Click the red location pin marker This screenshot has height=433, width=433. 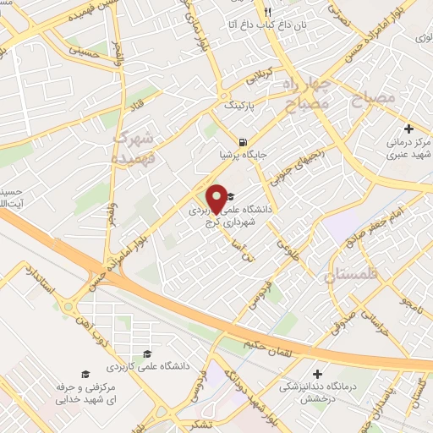click(217, 199)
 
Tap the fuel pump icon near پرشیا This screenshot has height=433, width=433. click(244, 142)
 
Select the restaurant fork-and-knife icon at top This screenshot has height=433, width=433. click(267, 12)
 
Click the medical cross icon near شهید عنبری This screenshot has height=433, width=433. click(409, 129)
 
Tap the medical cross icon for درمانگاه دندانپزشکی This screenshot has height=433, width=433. click(316, 373)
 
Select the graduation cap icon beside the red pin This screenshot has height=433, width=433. click(230, 196)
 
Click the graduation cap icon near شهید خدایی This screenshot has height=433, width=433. click(84, 374)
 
